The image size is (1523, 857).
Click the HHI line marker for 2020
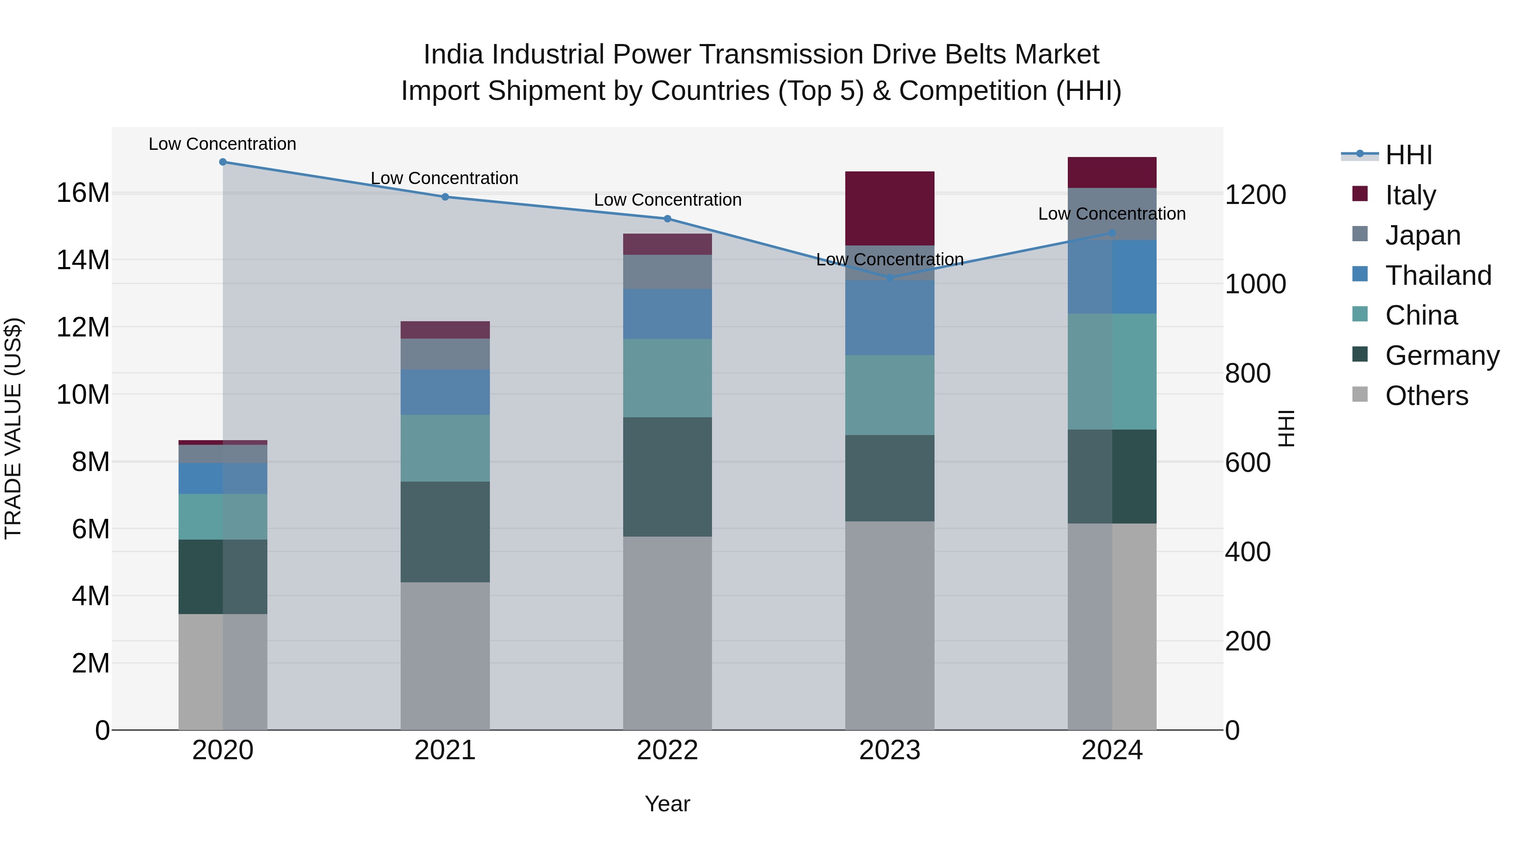(x=223, y=162)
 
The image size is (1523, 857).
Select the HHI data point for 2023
(x=890, y=277)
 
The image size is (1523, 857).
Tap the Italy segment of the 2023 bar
(x=890, y=208)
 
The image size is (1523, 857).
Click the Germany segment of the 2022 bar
(x=668, y=477)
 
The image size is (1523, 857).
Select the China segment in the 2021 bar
(x=445, y=448)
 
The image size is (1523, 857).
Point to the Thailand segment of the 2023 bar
(x=890, y=317)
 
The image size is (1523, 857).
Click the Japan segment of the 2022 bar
(x=668, y=272)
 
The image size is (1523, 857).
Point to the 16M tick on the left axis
(x=83, y=193)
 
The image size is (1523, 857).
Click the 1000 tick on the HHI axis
(x=1255, y=284)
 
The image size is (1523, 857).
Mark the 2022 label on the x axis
(x=668, y=750)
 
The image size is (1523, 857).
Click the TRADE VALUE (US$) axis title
(x=13, y=428)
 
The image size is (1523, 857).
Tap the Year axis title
(x=668, y=804)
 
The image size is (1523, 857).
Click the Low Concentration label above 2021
(x=445, y=178)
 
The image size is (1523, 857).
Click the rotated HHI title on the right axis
(x=1287, y=428)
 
